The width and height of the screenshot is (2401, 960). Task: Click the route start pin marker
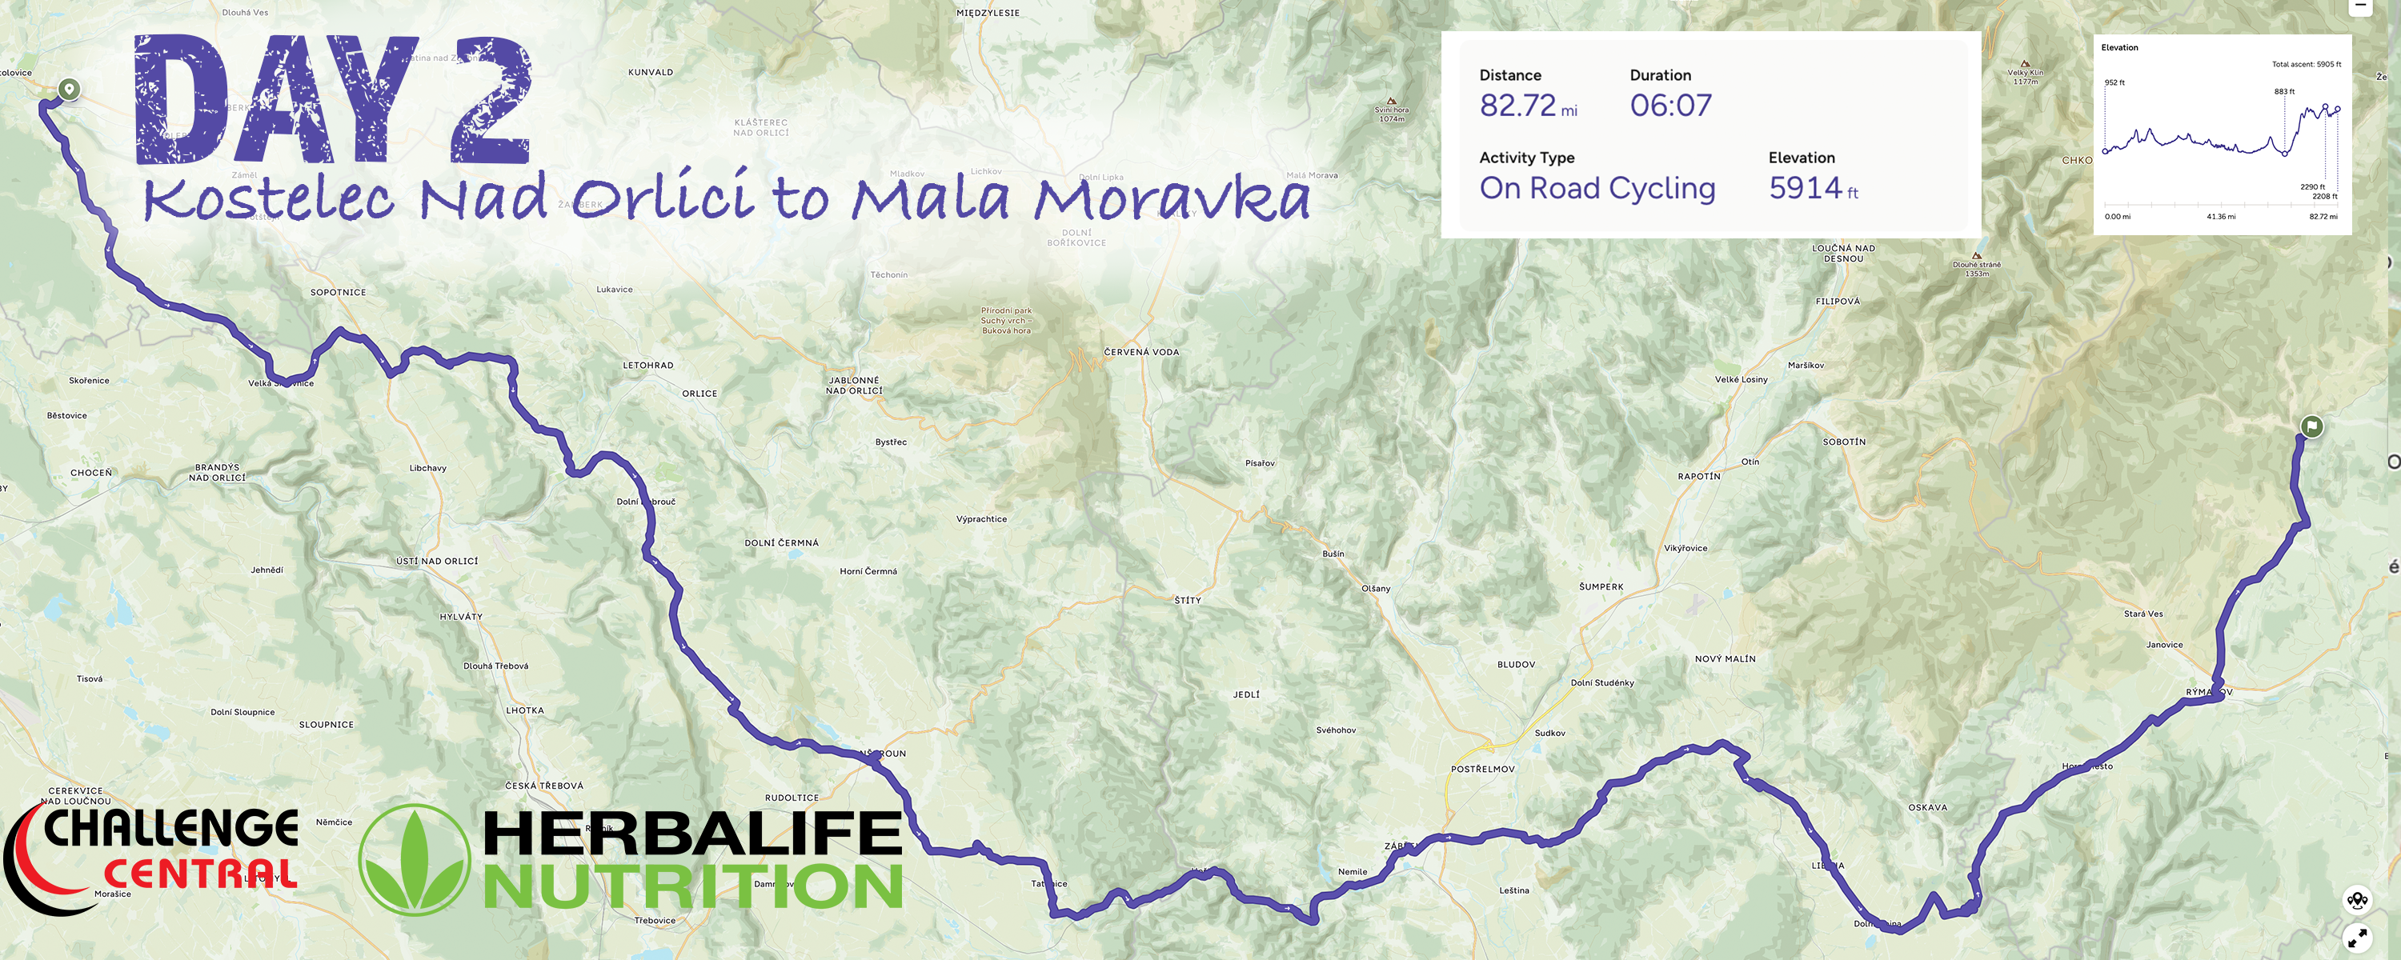pos(68,90)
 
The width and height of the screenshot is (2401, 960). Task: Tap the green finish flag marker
pos(2311,426)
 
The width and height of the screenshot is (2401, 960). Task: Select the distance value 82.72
pos(1517,106)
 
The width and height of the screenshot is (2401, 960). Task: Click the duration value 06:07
pos(1670,106)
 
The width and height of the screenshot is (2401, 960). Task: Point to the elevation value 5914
pos(1806,188)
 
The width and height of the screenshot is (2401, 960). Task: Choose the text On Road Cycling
pos(1597,188)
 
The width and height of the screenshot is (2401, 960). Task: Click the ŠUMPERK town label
pos(1601,587)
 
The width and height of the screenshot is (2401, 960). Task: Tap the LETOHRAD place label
pos(647,366)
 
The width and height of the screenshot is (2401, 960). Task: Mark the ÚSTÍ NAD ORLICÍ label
pos(436,561)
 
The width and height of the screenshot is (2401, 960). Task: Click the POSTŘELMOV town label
pos(1482,770)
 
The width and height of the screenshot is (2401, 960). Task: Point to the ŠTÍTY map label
pos(1188,600)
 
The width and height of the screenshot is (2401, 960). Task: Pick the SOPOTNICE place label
pos(338,293)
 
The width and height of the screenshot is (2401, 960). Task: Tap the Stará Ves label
pos(2142,614)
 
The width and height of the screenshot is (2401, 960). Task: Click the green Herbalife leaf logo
pos(415,860)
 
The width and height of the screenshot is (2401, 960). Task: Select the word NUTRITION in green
pos(692,886)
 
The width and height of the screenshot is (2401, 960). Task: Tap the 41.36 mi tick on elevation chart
pos(2220,217)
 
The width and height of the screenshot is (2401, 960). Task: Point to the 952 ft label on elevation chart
pos(2114,83)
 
